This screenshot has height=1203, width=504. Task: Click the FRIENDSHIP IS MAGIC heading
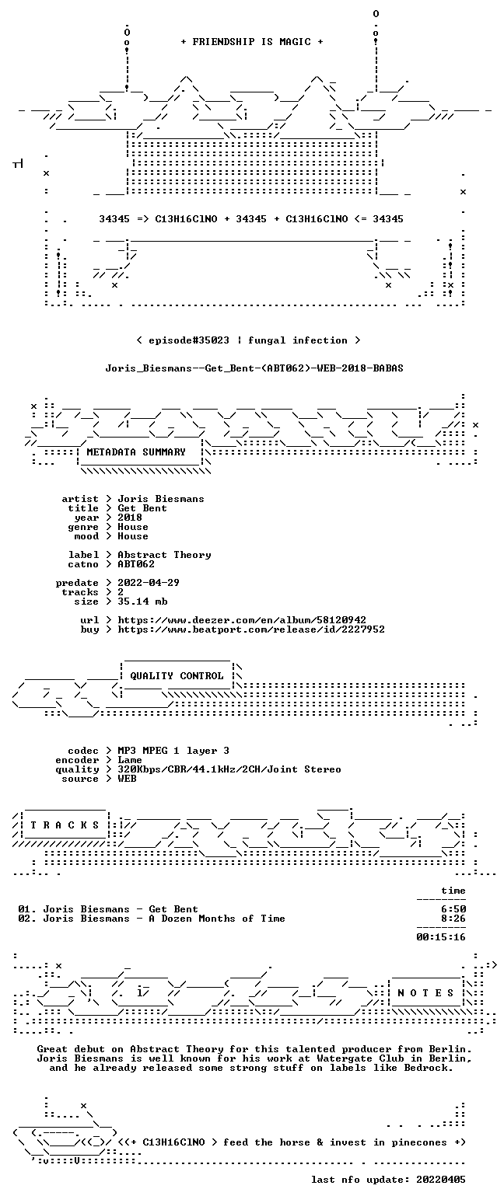(x=252, y=42)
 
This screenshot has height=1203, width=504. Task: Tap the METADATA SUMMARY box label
(x=136, y=452)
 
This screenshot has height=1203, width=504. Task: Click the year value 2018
(x=130, y=518)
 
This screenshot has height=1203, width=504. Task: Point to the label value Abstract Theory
(x=164, y=555)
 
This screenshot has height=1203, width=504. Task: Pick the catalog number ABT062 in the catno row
(x=136, y=564)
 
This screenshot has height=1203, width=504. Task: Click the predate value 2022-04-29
(x=149, y=583)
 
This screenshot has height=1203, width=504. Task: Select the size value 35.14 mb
(x=142, y=601)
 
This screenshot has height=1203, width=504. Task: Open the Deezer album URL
(x=242, y=620)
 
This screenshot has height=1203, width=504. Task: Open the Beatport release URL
(x=251, y=629)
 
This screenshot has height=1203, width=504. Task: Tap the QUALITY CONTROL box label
(x=177, y=676)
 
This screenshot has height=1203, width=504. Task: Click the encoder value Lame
(x=130, y=760)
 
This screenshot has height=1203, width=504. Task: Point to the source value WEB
(x=127, y=779)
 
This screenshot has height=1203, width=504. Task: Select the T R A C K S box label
(x=65, y=825)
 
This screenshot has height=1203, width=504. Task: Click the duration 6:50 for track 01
(x=453, y=909)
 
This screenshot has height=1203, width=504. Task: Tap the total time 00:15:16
(x=440, y=937)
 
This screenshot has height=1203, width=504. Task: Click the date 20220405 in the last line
(x=440, y=1180)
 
